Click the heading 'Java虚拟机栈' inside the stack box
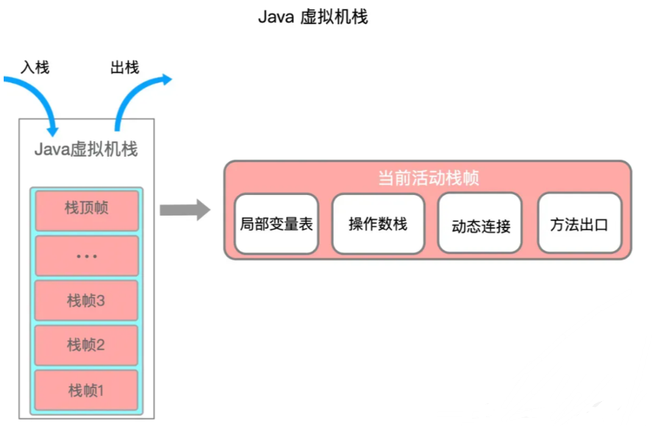pos(86,149)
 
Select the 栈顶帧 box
pos(86,209)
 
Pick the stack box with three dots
pos(86,255)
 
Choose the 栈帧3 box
pos(86,300)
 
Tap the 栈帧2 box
pos(86,345)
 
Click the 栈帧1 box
pos(86,390)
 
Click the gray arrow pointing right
pos(185,210)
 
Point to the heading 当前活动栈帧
pos(429,178)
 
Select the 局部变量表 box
pos(276,224)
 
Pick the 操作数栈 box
pos(378,224)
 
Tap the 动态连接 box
pos(480,224)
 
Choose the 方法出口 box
pos(579,224)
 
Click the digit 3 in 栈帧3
pos(101,301)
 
